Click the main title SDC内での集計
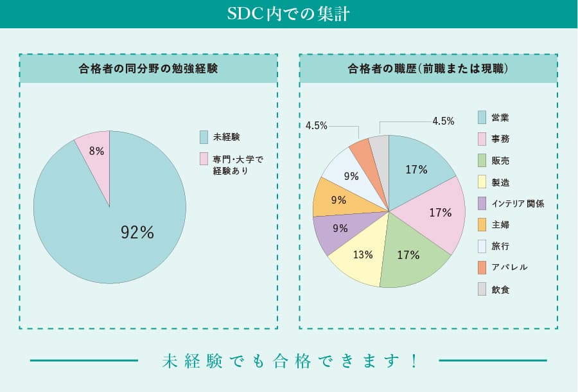288,14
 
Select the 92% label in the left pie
137,233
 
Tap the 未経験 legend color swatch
204,137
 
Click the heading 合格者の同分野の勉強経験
148,69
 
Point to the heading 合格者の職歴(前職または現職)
428,69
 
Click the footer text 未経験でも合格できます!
289,361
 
